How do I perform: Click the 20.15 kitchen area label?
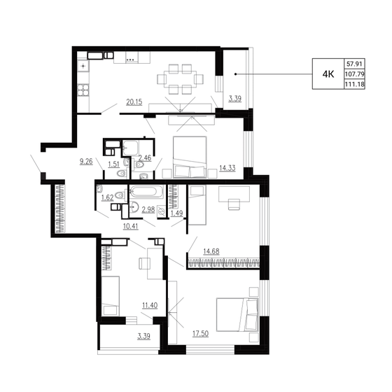pyautogui.click(x=134, y=102)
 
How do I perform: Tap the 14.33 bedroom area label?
pyautogui.click(x=227, y=168)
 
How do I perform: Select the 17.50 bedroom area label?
pyautogui.click(x=200, y=333)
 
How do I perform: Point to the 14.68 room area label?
pyautogui.click(x=211, y=251)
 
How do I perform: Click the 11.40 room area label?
pyautogui.click(x=150, y=305)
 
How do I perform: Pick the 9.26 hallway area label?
pyautogui.click(x=86, y=162)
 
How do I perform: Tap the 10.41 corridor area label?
pyautogui.click(x=130, y=226)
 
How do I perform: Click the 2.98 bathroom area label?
pyautogui.click(x=148, y=209)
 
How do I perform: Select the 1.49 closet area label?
pyautogui.click(x=176, y=213)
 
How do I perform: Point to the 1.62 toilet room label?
pyautogui.click(x=108, y=197)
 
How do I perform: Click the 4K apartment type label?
pyautogui.click(x=328, y=74)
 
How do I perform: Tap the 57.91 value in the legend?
pyautogui.click(x=354, y=64)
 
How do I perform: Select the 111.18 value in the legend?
pyautogui.click(x=354, y=84)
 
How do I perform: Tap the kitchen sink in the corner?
pyautogui.click(x=83, y=66)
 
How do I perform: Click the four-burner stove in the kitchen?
pyautogui.click(x=83, y=90)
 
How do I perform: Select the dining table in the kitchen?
pyautogui.click(x=180, y=79)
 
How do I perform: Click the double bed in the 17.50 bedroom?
pyautogui.click(x=237, y=314)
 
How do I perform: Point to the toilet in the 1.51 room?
pyautogui.click(x=122, y=173)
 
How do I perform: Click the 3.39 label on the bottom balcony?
pyautogui.click(x=143, y=336)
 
